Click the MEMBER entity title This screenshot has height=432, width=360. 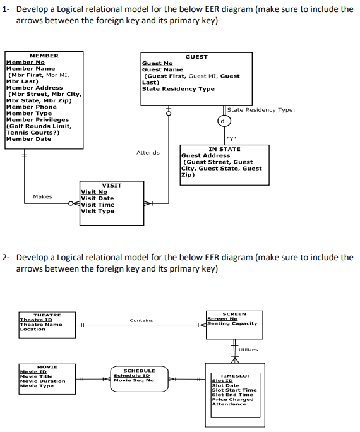(44, 56)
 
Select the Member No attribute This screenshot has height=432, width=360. (25, 63)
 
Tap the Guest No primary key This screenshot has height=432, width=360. (157, 63)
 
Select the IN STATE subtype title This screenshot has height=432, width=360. (224, 149)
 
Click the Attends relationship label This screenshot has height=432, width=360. (148, 152)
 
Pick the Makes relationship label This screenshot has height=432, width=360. (42, 196)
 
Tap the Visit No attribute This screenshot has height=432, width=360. (94, 192)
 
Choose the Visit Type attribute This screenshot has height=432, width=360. (98, 211)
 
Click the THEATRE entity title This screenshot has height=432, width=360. (47, 315)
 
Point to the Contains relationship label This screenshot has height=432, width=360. (141, 320)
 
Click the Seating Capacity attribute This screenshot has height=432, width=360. (232, 323)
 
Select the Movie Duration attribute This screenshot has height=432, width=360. (42, 381)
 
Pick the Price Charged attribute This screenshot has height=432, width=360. (232, 399)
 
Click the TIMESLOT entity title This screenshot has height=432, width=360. (234, 376)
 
